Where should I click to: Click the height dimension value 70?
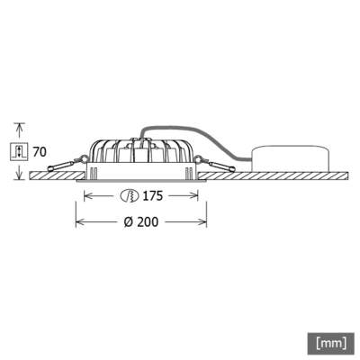pyautogui.click(x=40, y=152)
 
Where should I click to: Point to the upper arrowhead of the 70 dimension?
pyautogui.click(x=18, y=126)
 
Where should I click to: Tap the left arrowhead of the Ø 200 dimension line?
pyautogui.click(x=77, y=221)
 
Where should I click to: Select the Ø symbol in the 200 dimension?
pyautogui.click(x=128, y=221)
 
